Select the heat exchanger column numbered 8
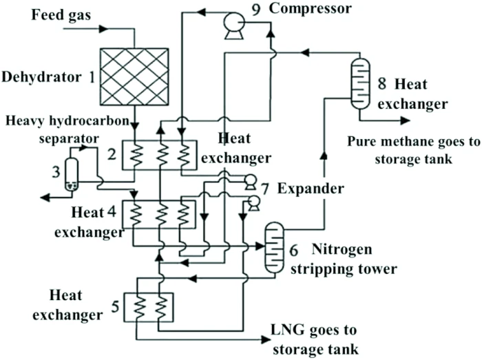pyautogui.click(x=359, y=84)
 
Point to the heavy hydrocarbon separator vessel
pyautogui.click(x=71, y=174)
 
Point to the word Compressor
pyautogui.click(x=310, y=8)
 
